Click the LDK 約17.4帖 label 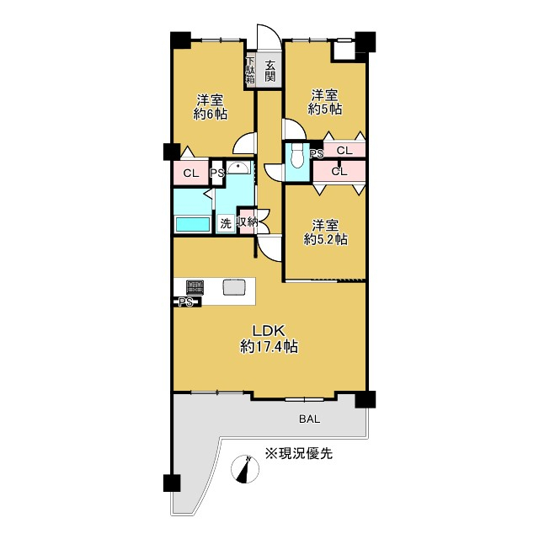[x=269, y=339]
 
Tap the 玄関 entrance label [x=270, y=71]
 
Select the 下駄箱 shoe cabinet [x=250, y=71]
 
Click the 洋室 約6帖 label [x=211, y=107]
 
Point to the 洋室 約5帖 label [x=324, y=102]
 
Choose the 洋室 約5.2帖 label [x=325, y=232]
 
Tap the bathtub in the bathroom [x=193, y=225]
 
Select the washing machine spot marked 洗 [x=226, y=224]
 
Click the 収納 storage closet [x=247, y=222]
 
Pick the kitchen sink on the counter [x=234, y=287]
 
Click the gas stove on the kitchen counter [x=195, y=287]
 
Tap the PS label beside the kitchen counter [x=185, y=303]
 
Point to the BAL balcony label [x=309, y=419]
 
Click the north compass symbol [x=245, y=469]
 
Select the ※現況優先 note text [x=298, y=453]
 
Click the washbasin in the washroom [x=237, y=168]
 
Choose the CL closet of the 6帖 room [x=191, y=173]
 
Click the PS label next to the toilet [x=317, y=153]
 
